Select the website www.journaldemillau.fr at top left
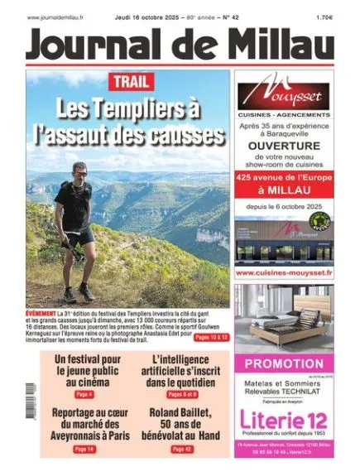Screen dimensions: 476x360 pyautogui.click(x=59, y=15)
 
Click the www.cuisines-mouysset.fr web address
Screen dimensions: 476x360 pyautogui.click(x=284, y=272)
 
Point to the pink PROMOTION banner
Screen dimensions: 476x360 pyautogui.click(x=284, y=363)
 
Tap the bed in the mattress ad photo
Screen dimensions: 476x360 pyautogui.click(x=284, y=319)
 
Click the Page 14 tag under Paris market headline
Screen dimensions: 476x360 pyautogui.click(x=84, y=449)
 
